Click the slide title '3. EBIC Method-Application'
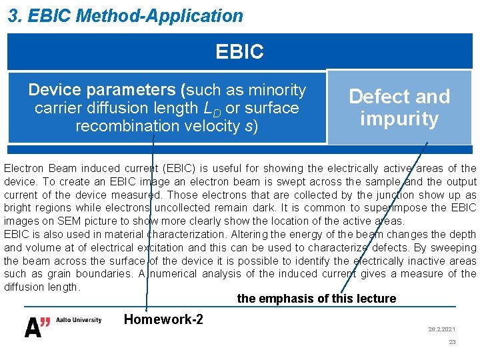(x=125, y=15)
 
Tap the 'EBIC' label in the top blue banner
(x=239, y=51)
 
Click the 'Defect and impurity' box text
(x=399, y=108)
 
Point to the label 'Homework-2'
(x=163, y=319)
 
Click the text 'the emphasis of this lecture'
(x=316, y=299)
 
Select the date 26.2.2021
(x=441, y=329)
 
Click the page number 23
(x=452, y=342)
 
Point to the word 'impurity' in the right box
(x=399, y=119)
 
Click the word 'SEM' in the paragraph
(x=61, y=221)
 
